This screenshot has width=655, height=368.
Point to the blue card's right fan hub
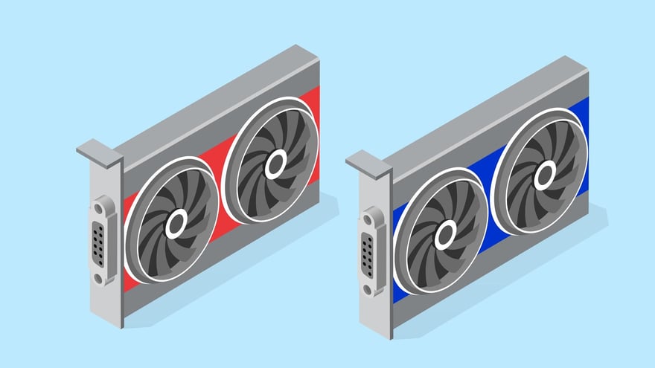pos(545,175)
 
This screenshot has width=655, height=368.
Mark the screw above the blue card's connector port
pos(368,218)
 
